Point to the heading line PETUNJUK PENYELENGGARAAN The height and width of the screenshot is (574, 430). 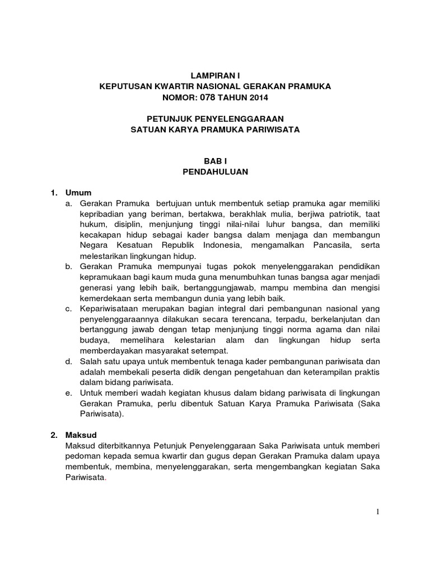point(215,118)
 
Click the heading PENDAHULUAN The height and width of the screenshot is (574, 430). point(215,172)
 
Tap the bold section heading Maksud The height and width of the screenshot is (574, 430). point(80,434)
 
